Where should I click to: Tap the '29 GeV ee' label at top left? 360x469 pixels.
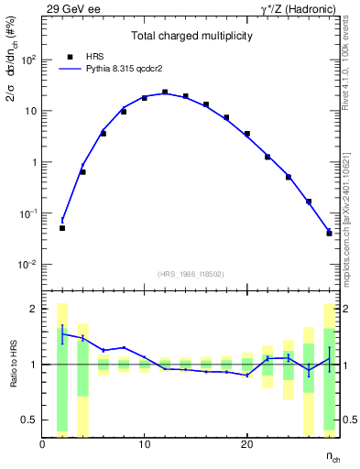71,7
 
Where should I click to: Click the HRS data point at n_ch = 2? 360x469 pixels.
62,228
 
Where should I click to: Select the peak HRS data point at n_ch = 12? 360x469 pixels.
165,93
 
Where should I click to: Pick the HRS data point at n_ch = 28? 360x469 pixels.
329,234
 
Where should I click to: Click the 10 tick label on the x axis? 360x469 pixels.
145,444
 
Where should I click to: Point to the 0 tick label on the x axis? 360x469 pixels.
43,444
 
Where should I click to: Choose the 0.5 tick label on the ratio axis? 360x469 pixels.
29,420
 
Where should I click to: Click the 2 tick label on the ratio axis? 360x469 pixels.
34,309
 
